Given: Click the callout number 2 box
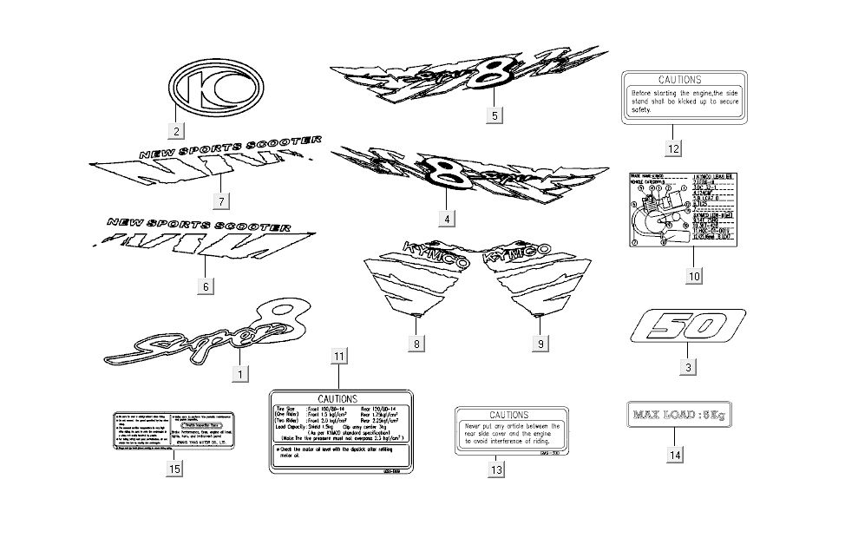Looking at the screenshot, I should point(176,132).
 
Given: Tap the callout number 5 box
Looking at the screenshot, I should point(494,115).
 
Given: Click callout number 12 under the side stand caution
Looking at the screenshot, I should point(673,148).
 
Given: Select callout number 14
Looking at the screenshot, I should point(675,454).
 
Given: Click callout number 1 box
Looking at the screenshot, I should point(239,374).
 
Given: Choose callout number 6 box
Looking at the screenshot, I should point(206,285).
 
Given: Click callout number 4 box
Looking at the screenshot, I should point(446,219).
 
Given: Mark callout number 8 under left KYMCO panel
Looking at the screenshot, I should point(416,344).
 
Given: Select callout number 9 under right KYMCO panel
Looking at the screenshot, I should point(540,344).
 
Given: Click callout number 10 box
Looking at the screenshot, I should point(693,276).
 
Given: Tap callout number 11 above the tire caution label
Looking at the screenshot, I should point(338,357).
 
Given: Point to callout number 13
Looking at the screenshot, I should point(496,469).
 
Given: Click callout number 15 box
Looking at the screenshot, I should point(175,469).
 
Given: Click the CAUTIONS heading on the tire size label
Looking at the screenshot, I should point(337,397).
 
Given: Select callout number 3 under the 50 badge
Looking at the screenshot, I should point(687,367).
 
